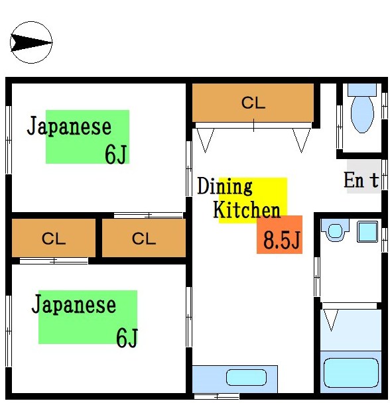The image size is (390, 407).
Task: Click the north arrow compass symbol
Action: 31,43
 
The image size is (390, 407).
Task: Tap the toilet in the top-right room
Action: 362,114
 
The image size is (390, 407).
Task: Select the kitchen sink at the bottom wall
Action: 245,378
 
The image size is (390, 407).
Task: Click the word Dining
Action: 226,186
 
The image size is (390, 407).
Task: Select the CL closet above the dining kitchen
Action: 253,103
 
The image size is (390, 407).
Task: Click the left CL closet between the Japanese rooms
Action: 54,239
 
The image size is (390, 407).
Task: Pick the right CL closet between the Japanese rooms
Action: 143,239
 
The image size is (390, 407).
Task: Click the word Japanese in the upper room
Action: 69,126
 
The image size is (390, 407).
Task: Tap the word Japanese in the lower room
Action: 74,305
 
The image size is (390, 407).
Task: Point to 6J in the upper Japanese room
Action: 115,154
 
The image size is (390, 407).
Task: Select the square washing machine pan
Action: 367,231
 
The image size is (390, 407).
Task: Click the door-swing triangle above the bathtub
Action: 331,320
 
